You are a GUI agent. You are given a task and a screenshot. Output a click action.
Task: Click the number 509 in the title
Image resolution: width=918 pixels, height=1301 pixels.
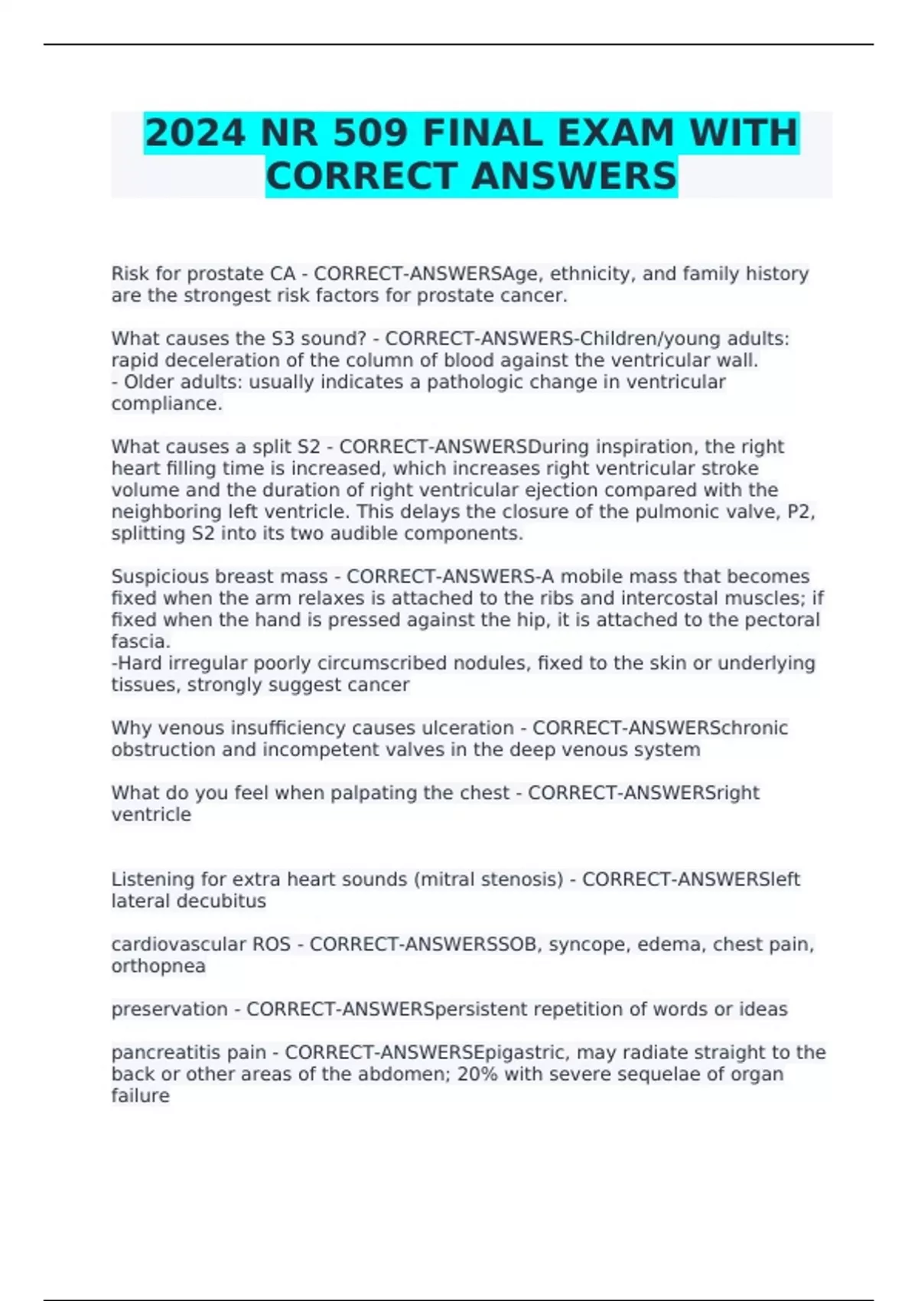370,133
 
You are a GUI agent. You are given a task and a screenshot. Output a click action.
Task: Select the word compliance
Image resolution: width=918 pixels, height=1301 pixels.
167,404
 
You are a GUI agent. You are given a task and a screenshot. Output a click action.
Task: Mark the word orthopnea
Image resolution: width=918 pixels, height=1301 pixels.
158,967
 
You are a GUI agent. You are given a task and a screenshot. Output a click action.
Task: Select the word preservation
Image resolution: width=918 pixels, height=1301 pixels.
169,1009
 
